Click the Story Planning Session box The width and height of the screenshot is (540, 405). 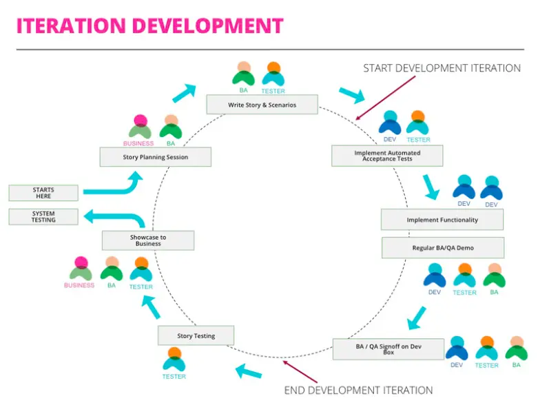click(155, 157)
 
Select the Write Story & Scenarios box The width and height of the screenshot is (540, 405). click(262, 105)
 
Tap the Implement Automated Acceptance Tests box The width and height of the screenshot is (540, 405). click(386, 156)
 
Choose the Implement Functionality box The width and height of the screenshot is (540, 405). click(442, 220)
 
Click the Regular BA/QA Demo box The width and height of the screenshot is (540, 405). click(442, 247)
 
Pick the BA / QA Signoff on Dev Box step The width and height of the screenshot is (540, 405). click(388, 349)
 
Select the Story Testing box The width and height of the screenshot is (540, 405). click(196, 336)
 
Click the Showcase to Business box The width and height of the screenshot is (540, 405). click(147, 240)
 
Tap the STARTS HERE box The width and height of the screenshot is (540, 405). click(43, 193)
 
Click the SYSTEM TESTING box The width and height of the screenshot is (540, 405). click(43, 217)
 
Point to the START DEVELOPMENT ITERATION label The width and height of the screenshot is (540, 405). click(442, 68)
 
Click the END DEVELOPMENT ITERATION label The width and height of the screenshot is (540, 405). click(359, 390)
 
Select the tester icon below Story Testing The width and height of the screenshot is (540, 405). click(174, 360)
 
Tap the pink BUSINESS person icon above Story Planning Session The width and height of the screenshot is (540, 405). click(140, 127)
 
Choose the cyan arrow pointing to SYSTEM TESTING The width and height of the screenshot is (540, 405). click(114, 218)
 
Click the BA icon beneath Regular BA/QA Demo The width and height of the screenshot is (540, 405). click(494, 276)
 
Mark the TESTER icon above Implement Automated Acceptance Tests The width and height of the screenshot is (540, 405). click(417, 123)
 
